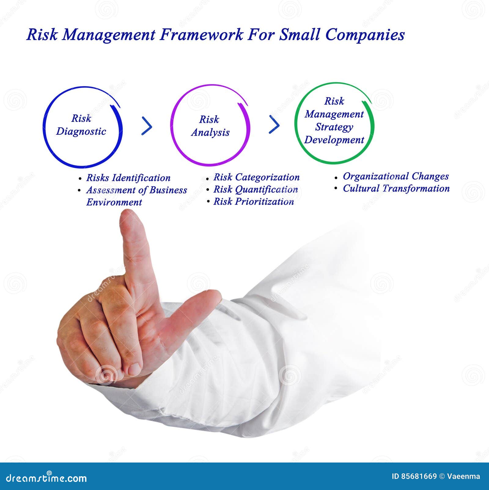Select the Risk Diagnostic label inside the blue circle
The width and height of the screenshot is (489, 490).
pyautogui.click(x=81, y=125)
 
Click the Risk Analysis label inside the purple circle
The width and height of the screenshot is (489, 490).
pyautogui.click(x=210, y=126)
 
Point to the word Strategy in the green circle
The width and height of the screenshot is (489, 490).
pyautogui.click(x=334, y=127)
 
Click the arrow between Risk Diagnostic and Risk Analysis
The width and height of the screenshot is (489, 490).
pyautogui.click(x=147, y=126)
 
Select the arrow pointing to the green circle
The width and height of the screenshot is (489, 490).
pyautogui.click(x=274, y=124)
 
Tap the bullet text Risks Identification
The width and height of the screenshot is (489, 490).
pyautogui.click(x=128, y=178)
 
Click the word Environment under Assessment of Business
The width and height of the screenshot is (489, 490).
pyautogui.click(x=114, y=202)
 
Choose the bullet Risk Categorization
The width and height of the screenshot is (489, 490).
pyautogui.click(x=256, y=177)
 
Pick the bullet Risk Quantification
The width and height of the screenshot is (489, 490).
pyautogui.click(x=255, y=189)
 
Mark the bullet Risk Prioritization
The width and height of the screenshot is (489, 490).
pyautogui.click(x=253, y=202)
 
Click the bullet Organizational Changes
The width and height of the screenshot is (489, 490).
pyautogui.click(x=395, y=176)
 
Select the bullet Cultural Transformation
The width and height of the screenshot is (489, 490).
pyautogui.click(x=396, y=188)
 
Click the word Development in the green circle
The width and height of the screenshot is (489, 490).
pyautogui.click(x=334, y=140)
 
